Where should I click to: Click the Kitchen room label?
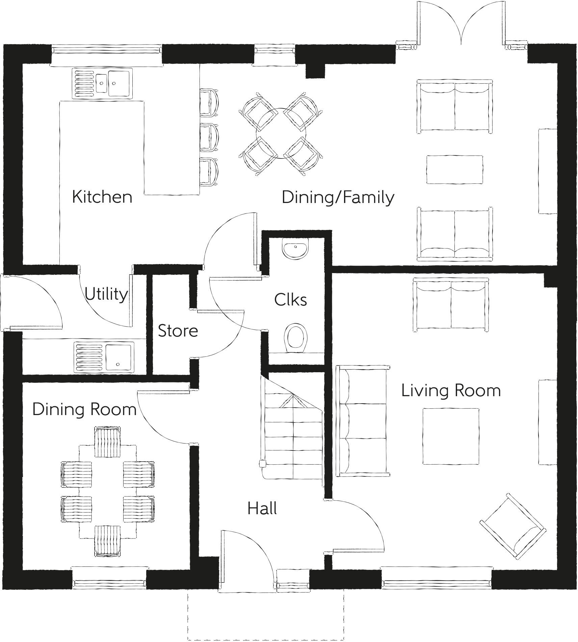tap(102, 197)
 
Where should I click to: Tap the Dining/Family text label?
tap(338, 198)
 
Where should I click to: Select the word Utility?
tap(106, 294)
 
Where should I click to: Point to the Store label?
tap(178, 331)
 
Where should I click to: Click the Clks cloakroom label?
tap(291, 300)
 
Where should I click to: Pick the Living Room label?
tap(451, 391)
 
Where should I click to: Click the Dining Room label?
tap(84, 409)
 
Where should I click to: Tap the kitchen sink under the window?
tap(102, 83)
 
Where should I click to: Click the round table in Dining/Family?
tap(281, 134)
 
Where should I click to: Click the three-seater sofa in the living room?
tap(363, 421)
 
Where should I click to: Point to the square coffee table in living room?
tap(451, 436)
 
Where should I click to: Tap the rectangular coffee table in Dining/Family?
tap(454, 170)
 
